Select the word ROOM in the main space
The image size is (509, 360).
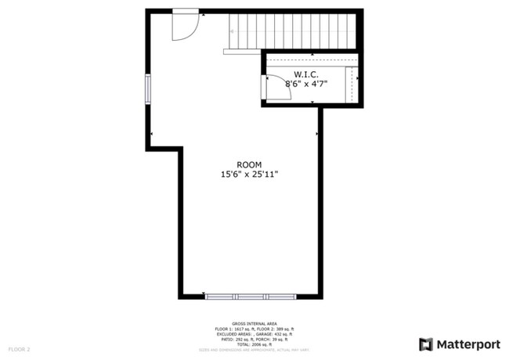[x=249, y=164]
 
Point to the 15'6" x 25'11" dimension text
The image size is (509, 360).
[x=249, y=175]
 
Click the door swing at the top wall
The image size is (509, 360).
[x=186, y=25]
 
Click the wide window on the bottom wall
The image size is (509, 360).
[x=251, y=297]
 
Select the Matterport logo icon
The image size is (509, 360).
[x=425, y=344]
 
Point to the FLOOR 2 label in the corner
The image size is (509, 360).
[x=19, y=348]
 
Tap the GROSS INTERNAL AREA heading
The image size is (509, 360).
[x=254, y=322]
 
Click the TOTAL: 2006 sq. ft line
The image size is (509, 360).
[x=254, y=344]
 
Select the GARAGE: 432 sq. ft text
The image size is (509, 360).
[x=271, y=333]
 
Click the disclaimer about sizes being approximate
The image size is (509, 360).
[x=254, y=349]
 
